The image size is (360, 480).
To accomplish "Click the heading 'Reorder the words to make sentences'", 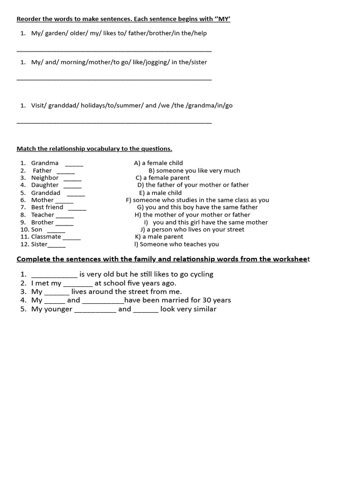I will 123,19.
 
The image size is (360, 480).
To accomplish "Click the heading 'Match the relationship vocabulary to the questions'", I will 94,149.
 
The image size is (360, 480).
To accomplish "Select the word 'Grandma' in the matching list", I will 45,163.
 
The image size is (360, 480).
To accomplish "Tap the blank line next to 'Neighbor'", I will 72,179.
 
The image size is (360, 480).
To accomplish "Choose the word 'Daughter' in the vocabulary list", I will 45,185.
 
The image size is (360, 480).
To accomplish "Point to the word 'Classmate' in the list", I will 46,237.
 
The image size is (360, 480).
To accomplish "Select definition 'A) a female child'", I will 158,163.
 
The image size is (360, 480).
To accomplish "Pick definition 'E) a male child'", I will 160,193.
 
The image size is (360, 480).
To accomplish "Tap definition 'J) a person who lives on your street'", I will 192,229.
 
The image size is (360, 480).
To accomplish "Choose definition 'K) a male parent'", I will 159,237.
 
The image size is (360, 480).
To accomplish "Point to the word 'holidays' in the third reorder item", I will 94,105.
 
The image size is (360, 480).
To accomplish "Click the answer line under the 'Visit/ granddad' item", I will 114,123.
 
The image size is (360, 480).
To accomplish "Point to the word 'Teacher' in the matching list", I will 43,215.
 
